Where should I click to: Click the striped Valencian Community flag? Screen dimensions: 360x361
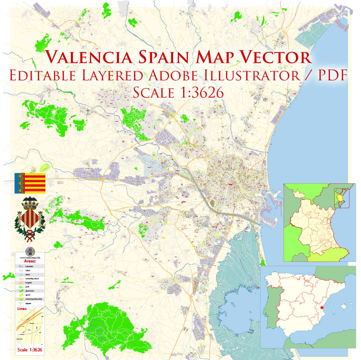point(30,183)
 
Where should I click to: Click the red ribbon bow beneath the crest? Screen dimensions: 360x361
point(30,235)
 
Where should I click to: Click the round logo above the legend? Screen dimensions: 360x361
point(30,250)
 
